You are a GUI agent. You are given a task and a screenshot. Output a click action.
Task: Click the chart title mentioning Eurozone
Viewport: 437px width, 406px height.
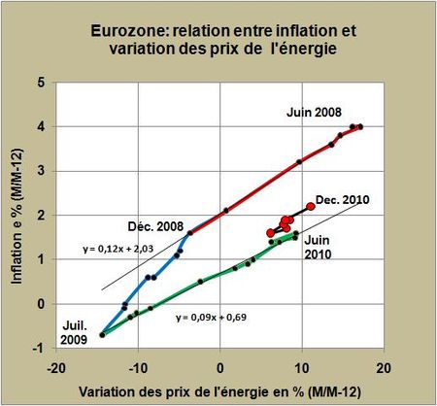click(x=219, y=36)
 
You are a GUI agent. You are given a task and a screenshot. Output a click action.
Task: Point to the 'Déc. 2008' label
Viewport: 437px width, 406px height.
click(x=151, y=221)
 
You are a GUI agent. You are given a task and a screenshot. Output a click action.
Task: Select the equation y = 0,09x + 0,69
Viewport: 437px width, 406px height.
click(x=215, y=317)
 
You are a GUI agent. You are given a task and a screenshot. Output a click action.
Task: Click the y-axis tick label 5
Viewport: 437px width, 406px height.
click(x=42, y=83)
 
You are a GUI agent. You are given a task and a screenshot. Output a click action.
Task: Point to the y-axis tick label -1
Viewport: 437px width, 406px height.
click(x=40, y=348)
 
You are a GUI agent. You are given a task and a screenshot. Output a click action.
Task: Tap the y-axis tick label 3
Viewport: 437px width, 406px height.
click(x=42, y=171)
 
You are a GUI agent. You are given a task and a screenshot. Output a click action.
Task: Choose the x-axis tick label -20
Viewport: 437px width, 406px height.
click(x=57, y=368)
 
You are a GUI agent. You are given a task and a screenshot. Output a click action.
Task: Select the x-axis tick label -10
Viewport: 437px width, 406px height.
click(x=138, y=368)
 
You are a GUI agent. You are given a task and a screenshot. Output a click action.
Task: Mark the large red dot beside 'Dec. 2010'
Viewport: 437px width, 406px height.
click(x=311, y=206)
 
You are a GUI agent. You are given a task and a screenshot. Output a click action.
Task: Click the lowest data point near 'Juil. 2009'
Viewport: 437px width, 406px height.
click(x=102, y=335)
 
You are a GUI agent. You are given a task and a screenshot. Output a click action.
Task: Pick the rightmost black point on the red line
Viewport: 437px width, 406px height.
click(x=360, y=126)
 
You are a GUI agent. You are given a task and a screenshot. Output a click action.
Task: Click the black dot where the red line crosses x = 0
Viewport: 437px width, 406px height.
click(x=225, y=210)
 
